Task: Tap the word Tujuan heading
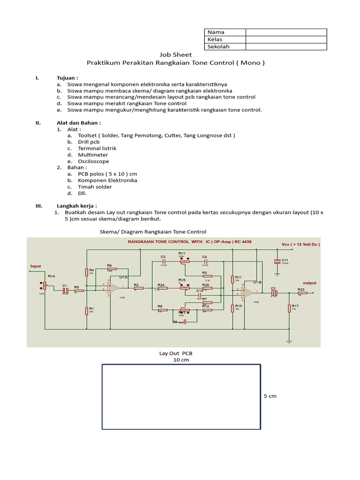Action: coord(67,78)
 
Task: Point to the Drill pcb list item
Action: coord(89,142)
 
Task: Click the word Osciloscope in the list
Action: coord(93,161)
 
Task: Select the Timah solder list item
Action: coord(95,187)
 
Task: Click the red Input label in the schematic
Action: coord(36,266)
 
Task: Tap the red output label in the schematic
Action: coord(309,283)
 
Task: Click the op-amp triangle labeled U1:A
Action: coord(112,287)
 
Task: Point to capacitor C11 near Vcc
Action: coord(278,262)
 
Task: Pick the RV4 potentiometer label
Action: coord(51,277)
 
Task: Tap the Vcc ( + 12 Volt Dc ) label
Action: coord(300,245)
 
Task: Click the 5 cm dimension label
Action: coord(270,396)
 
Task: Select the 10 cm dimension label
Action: coord(180,360)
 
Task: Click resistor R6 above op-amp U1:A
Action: coord(112,269)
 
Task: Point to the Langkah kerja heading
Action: coord(77,206)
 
